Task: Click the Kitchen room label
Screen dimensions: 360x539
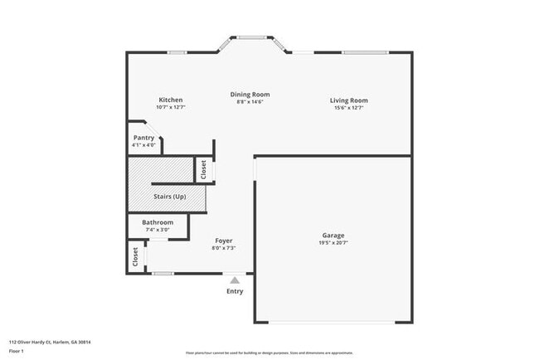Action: click(170, 100)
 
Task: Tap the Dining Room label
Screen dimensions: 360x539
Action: click(250, 95)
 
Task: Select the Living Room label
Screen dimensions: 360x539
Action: click(350, 100)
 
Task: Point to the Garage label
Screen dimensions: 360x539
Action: click(333, 236)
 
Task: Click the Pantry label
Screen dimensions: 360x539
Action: click(143, 138)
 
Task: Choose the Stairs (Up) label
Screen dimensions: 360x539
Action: click(169, 197)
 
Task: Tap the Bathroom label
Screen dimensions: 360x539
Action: click(158, 222)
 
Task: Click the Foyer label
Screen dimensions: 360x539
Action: click(224, 241)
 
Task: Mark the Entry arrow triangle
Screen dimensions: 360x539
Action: click(236, 280)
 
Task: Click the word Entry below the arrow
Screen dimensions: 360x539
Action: click(236, 291)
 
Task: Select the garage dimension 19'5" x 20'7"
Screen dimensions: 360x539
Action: click(333, 243)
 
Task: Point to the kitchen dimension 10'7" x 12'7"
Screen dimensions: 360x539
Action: click(170, 107)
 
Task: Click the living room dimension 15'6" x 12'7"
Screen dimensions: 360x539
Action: click(350, 107)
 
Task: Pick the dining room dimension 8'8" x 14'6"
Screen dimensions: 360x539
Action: click(250, 101)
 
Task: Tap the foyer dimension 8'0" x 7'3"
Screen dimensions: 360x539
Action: click(224, 247)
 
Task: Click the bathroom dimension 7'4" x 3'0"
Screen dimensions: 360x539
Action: click(158, 230)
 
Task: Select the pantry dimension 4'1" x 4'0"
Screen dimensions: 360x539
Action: click(143, 145)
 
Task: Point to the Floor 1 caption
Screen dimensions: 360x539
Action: click(17, 349)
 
